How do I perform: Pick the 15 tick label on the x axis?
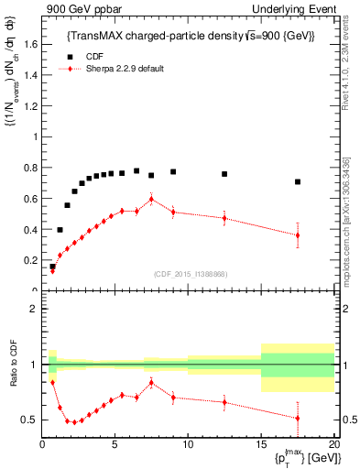[x=261, y=444]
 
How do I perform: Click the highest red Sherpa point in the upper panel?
[x=151, y=200]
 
